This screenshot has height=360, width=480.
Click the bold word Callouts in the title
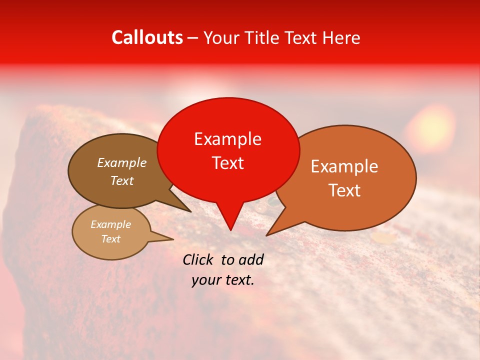click(x=147, y=37)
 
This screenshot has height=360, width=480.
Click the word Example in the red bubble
click(x=227, y=139)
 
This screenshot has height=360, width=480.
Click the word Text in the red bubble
click(x=227, y=163)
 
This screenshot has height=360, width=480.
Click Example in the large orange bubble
click(x=344, y=166)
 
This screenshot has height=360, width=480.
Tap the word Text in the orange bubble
click(x=344, y=190)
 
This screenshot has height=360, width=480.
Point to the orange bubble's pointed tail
click(x=267, y=235)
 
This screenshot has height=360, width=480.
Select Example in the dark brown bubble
click(x=121, y=163)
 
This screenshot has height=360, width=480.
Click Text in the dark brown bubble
click(x=121, y=181)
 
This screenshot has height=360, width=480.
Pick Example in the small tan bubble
click(x=110, y=224)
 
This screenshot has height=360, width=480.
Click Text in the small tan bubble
click(x=110, y=239)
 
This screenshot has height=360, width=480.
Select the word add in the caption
click(x=251, y=259)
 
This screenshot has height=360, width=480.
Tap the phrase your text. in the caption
click(x=222, y=280)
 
